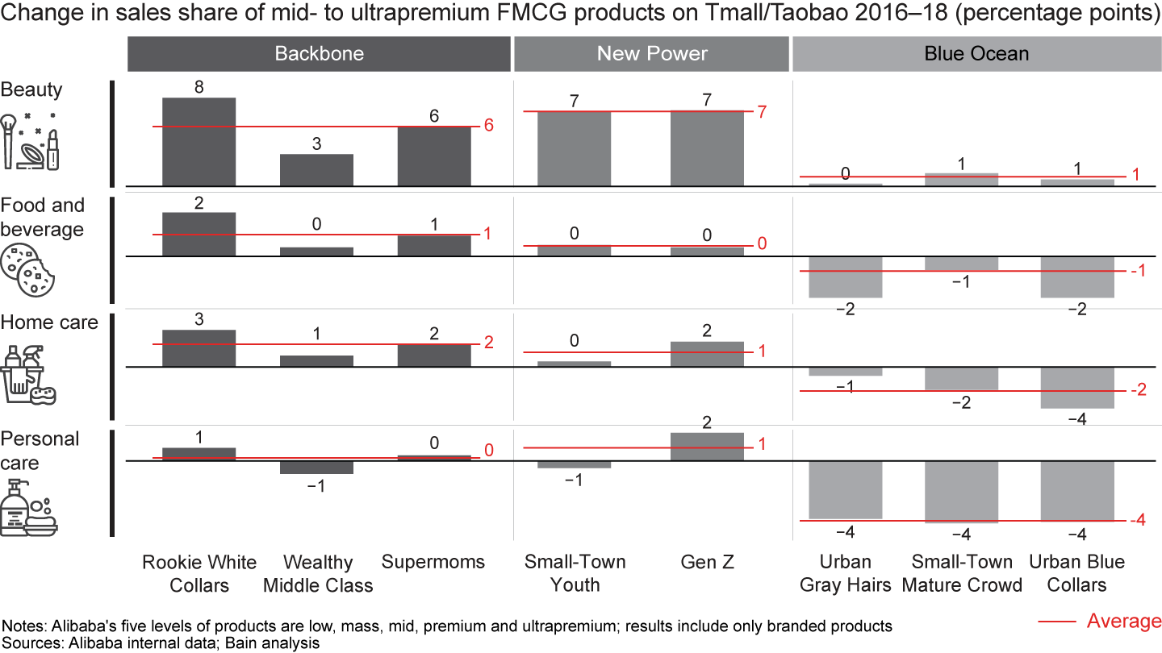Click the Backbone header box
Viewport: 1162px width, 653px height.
[319, 54]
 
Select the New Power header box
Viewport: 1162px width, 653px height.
[652, 54]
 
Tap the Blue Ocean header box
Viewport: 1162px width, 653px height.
[976, 54]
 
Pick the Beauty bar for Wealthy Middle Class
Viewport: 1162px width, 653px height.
[316, 170]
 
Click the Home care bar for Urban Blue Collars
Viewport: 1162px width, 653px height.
[1077, 388]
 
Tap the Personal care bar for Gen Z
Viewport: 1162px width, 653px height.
[707, 447]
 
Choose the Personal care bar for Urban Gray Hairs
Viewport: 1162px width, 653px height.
[845, 490]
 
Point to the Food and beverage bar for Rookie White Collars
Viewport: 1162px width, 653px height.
[199, 235]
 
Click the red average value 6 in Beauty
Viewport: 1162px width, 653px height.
[489, 126]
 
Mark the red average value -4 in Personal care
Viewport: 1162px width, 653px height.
[1138, 521]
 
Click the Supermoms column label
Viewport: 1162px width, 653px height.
[433, 562]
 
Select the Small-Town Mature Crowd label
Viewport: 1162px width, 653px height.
[962, 573]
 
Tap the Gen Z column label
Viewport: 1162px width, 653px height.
[708, 562]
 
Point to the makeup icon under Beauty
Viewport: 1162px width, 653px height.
[31, 138]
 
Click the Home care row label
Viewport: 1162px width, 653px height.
[49, 322]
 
